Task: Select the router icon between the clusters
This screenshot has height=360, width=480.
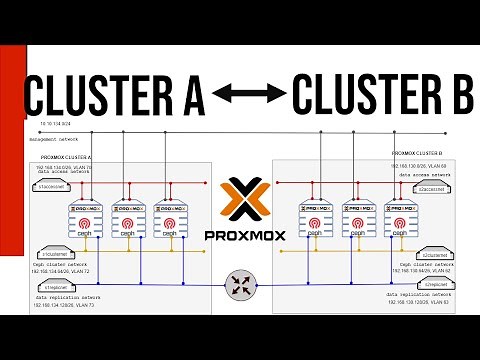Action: tap(241, 283)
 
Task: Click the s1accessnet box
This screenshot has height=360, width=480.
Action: tap(51, 186)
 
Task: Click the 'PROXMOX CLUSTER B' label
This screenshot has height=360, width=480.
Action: tap(419, 153)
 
